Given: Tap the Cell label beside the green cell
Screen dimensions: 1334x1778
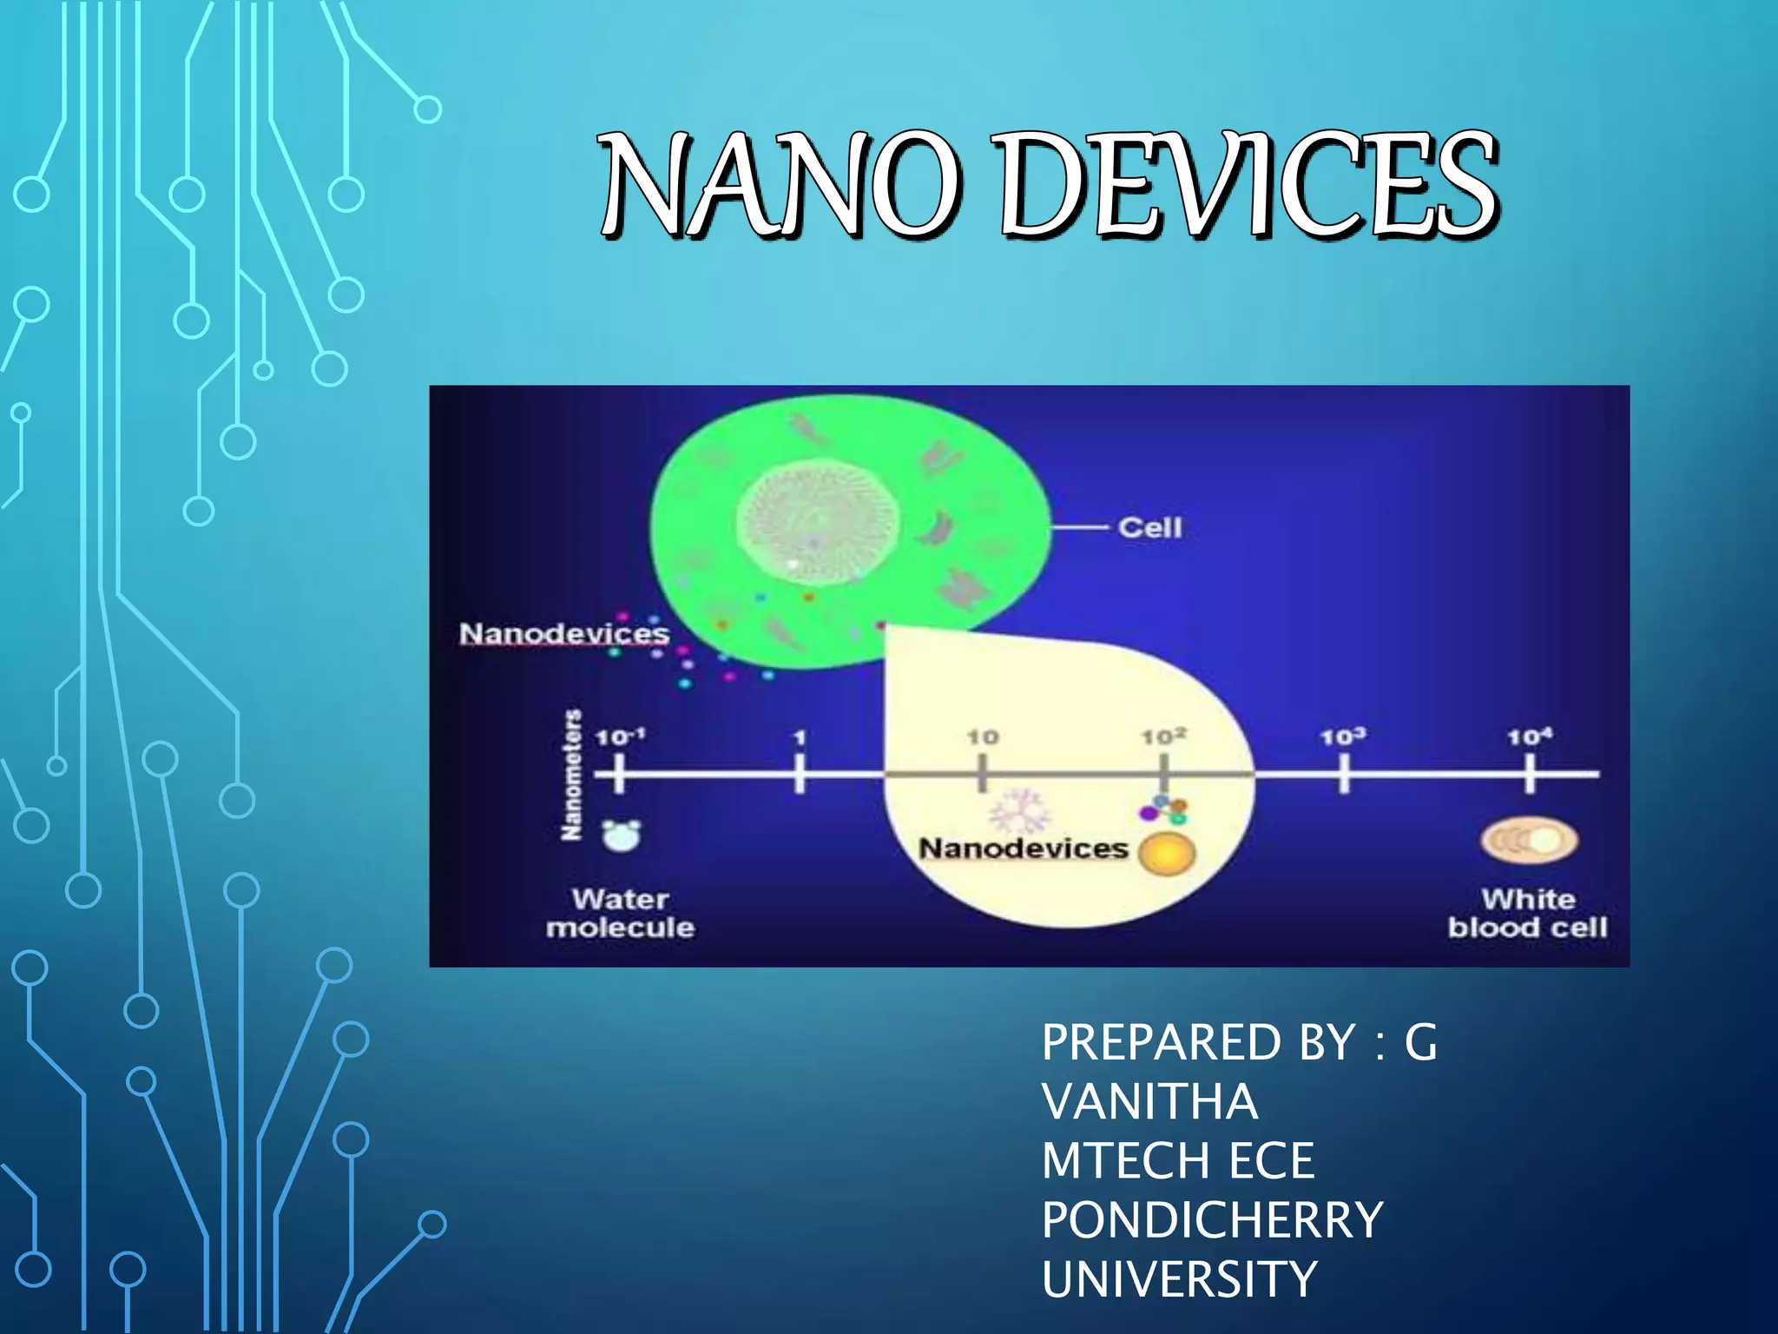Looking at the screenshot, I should point(1149,527).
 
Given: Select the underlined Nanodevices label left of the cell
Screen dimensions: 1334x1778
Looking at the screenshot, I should point(564,633).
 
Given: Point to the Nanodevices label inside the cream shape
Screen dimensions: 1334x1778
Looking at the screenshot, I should point(1023,848).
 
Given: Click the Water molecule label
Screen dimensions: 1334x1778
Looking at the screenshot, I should point(620,913).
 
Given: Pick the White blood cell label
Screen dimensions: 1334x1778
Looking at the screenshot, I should point(1527,913).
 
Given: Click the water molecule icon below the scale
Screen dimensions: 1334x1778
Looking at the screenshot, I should point(622,835).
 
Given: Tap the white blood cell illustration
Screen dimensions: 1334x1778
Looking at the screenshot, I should point(1529,840).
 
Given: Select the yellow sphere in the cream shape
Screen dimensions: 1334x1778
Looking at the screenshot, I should point(1166,853).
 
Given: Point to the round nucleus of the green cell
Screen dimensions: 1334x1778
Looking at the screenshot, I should point(817,521).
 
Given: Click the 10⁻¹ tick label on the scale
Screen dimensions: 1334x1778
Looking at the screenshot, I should point(620,737).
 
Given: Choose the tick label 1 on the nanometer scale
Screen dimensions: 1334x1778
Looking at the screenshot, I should point(800,737).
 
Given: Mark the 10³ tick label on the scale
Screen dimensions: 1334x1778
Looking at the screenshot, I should point(1343,737).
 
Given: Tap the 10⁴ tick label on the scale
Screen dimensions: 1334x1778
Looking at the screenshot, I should point(1529,737).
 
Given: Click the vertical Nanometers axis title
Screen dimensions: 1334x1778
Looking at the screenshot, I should point(571,775).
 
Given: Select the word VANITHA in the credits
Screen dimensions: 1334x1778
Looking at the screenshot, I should point(1149,1101).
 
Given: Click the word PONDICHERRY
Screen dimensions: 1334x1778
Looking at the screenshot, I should point(1212,1219).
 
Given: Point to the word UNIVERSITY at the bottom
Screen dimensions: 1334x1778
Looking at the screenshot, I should point(1179,1278).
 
